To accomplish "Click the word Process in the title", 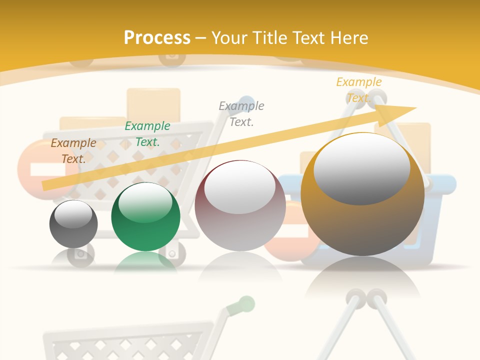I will click(157, 38).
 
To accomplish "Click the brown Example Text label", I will click(73, 150).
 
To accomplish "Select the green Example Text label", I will click(147, 134).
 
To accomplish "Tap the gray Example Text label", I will click(241, 113).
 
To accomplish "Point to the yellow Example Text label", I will click(358, 89).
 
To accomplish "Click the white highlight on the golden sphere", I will click(361, 167).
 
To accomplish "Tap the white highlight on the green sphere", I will click(145, 202).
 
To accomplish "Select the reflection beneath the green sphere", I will click(145, 262).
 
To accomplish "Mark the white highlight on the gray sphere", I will click(73, 214).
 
